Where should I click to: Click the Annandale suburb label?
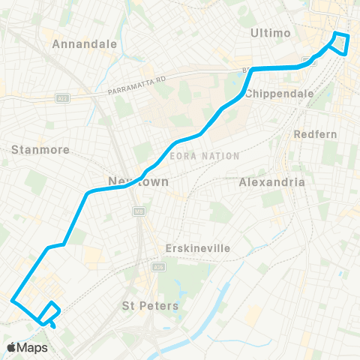tap(85, 43)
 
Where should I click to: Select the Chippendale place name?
tap(273, 93)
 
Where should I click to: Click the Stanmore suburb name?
tap(40, 149)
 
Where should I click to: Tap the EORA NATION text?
tap(205, 156)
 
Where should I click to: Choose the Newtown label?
tap(138, 181)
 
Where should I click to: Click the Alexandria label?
tap(271, 181)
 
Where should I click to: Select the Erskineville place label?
tap(197, 248)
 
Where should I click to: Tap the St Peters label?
tap(150, 305)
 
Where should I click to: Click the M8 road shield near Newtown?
tap(138, 212)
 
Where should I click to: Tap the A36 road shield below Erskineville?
tap(158, 266)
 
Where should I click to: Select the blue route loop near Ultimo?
tap(340, 44)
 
